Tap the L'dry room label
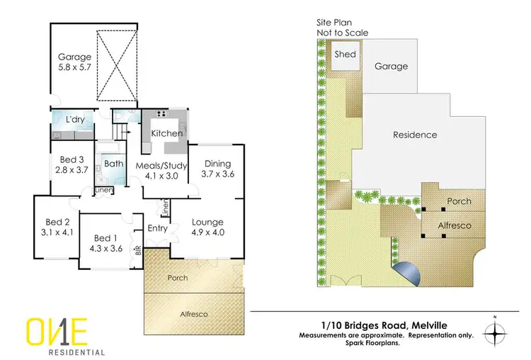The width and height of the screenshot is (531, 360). pos(75,120)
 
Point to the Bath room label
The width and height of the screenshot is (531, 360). pos(113,164)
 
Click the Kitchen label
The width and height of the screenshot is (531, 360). pos(167,133)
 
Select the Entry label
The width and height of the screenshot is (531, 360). pos(157,228)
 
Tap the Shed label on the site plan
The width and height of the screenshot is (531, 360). pos(345,55)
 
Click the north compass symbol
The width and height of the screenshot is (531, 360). pos(495,330)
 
